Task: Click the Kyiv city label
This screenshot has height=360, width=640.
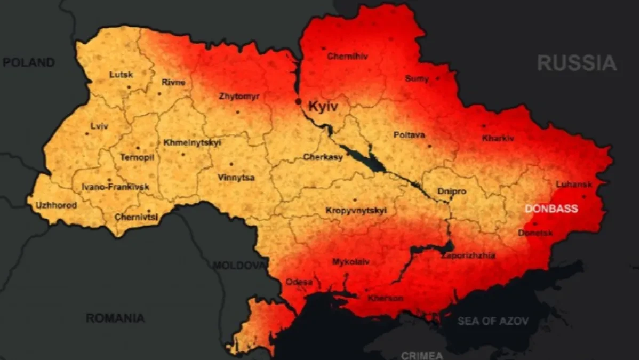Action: point(323,107)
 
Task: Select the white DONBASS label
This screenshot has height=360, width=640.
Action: point(551,209)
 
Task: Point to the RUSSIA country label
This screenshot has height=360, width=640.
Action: point(577,63)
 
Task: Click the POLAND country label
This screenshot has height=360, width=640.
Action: point(29,62)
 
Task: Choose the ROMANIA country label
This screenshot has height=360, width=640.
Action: point(115,318)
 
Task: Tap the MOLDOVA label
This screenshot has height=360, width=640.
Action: point(239,265)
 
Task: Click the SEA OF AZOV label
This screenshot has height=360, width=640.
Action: point(493,321)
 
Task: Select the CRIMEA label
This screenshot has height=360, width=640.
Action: point(422,355)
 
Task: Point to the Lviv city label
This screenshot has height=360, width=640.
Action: point(100,126)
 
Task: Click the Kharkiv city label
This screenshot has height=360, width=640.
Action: point(498,138)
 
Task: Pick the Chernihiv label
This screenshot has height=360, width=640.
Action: point(347,56)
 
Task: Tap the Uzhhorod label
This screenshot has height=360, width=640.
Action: point(56,205)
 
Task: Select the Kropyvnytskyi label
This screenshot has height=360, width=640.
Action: point(356,211)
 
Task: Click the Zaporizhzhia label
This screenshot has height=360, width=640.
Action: point(468,255)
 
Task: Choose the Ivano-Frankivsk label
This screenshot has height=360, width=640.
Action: point(115,187)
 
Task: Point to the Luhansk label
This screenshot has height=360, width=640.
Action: point(574,185)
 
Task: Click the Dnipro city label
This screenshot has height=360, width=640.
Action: point(452,191)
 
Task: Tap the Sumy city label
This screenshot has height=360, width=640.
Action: point(417,78)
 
